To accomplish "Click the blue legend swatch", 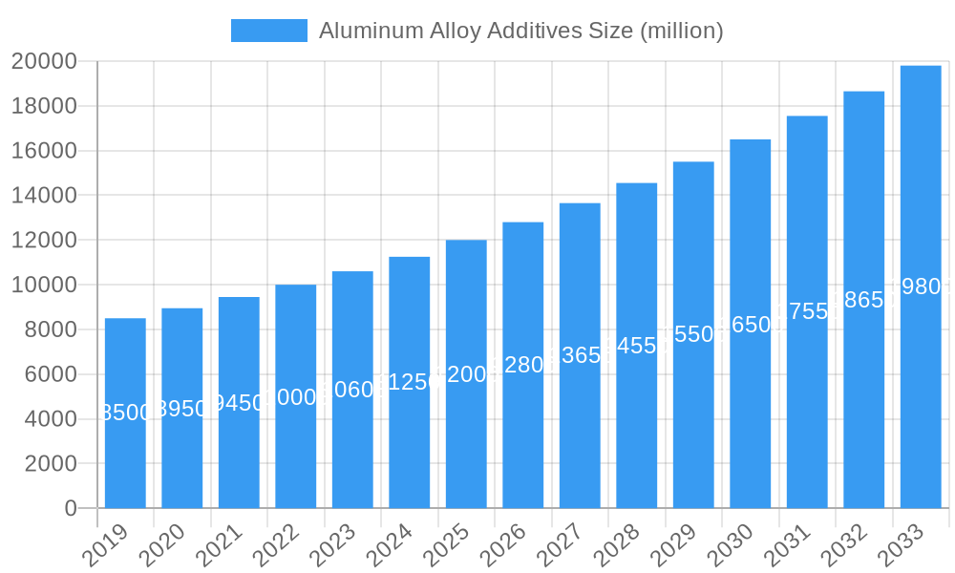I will tap(269, 31).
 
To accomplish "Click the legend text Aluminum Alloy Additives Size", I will tap(520, 31).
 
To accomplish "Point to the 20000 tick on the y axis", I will tap(44, 62).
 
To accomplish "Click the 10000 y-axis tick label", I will tap(44, 286).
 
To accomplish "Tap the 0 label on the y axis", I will tap(71, 509).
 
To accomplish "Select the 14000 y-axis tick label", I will tap(44, 196).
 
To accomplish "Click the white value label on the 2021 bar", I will tap(239, 403).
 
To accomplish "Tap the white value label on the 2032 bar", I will tap(863, 300).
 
